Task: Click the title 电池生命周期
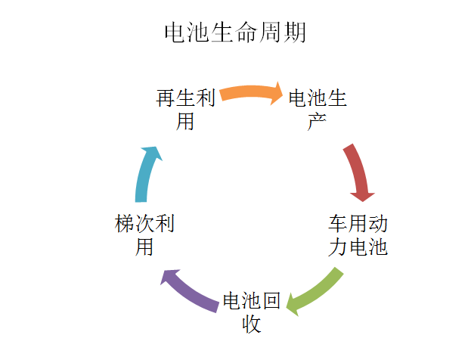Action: pyautogui.click(x=235, y=33)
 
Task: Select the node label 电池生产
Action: pyautogui.click(x=318, y=109)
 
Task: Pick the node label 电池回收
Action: pyautogui.click(x=252, y=313)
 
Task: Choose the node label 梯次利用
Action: pyautogui.click(x=144, y=235)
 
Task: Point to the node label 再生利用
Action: pyautogui.click(x=186, y=109)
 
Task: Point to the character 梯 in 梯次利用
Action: pyautogui.click(x=125, y=224)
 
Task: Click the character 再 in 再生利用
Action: pyautogui.click(x=166, y=98)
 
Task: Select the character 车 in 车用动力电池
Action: pyautogui.click(x=338, y=224)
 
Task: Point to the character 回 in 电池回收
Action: pyautogui.click(x=271, y=302)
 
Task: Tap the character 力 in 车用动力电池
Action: pyautogui.click(x=338, y=247)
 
